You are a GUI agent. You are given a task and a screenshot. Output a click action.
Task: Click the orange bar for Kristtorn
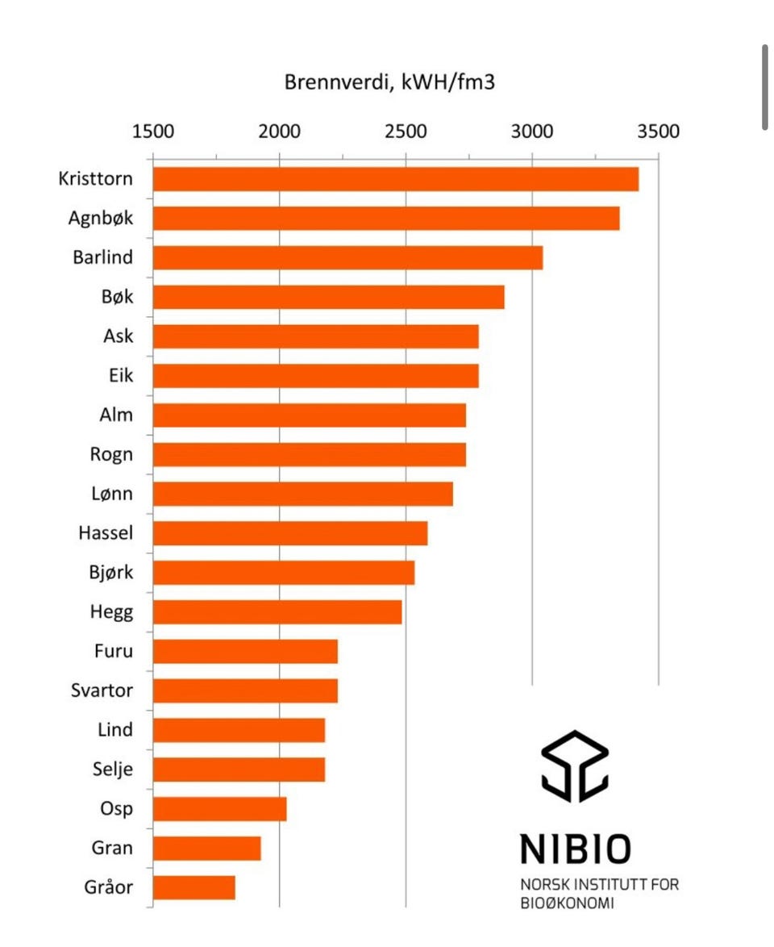point(395,179)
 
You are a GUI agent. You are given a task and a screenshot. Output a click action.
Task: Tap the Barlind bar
point(347,258)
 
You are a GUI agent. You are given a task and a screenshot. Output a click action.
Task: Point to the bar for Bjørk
point(283,573)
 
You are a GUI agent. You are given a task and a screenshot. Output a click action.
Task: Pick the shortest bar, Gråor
point(193,888)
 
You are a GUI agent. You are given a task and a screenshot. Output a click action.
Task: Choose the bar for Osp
point(219,809)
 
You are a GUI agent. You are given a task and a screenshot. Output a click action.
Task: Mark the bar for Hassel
point(289,533)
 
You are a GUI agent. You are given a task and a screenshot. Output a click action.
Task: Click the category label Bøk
point(117,297)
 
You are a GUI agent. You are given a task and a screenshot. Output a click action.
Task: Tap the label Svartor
point(102,690)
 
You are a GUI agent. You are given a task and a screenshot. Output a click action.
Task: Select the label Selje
point(112,770)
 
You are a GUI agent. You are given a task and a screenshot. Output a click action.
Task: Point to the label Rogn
point(111,454)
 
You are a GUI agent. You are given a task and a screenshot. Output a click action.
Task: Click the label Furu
point(113,651)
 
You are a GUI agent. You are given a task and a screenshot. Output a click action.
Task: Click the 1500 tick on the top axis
point(152,131)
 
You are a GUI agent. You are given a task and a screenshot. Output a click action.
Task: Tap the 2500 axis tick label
point(406,131)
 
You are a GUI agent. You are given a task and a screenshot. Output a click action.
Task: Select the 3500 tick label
point(658,131)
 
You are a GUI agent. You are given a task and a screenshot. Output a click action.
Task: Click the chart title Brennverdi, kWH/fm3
point(389,82)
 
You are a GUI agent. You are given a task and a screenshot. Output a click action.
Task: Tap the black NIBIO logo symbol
point(574,766)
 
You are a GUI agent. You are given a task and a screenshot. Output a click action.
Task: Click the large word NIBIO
point(575,849)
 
